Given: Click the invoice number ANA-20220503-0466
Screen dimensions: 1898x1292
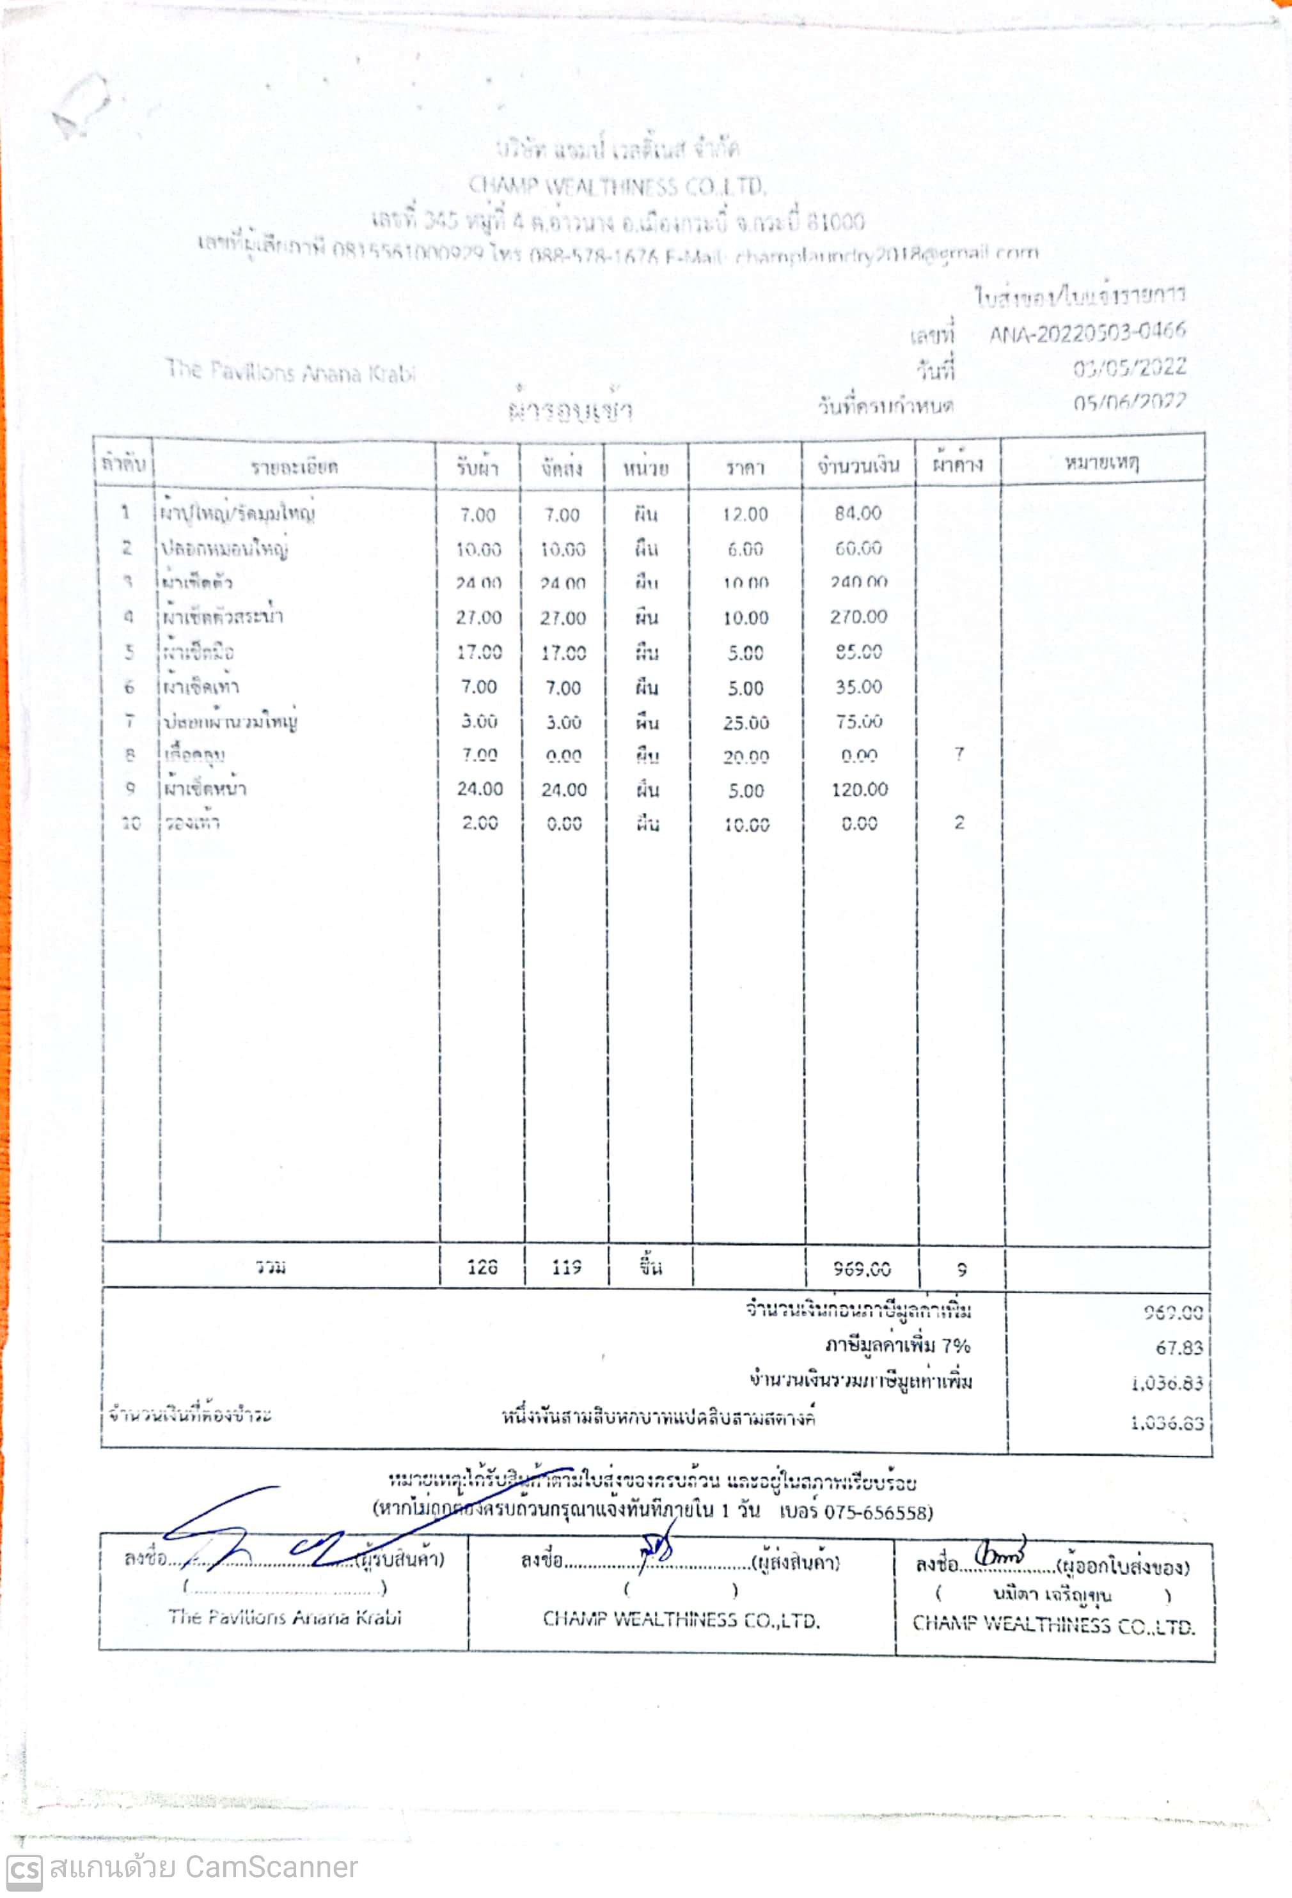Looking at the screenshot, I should point(1086,333).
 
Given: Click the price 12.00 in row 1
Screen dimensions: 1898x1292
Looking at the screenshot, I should point(744,514).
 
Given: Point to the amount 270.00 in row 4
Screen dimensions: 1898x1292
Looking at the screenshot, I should point(858,617).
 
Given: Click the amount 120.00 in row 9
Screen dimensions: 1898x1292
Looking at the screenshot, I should point(859,789).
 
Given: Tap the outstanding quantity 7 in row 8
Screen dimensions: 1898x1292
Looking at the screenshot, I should point(959,754).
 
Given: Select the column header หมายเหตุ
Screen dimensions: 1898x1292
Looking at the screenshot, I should point(1101,463).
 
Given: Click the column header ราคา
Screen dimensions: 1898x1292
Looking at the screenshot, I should point(744,467).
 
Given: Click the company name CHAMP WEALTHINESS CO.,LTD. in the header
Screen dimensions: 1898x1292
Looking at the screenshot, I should point(617,187).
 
